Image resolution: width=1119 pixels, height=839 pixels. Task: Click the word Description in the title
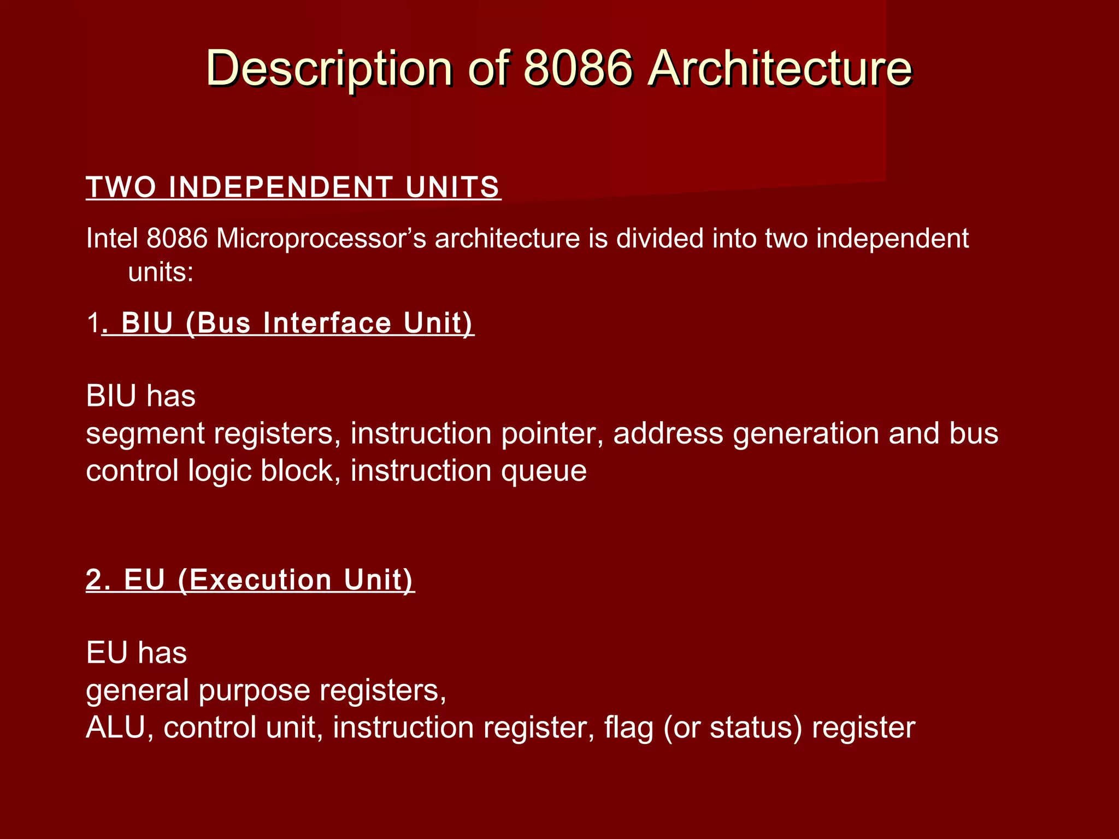tap(328, 69)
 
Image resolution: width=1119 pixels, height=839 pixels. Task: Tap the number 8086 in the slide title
tap(579, 69)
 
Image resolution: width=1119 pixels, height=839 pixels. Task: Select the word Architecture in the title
tap(780, 69)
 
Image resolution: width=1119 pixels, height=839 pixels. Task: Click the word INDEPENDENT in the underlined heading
tap(280, 187)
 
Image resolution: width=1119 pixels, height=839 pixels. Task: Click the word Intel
tap(111, 239)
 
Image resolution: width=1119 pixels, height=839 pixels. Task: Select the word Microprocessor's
tap(321, 239)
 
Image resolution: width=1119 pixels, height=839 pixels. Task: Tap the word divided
tap(659, 239)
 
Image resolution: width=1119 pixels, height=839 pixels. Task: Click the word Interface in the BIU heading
tap(327, 323)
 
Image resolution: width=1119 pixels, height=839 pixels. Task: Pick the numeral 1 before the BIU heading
tap(93, 323)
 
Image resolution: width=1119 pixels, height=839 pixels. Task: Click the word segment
tap(145, 434)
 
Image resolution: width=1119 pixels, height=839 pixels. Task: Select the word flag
tap(628, 728)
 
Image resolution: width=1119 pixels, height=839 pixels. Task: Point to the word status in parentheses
tap(756, 728)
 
